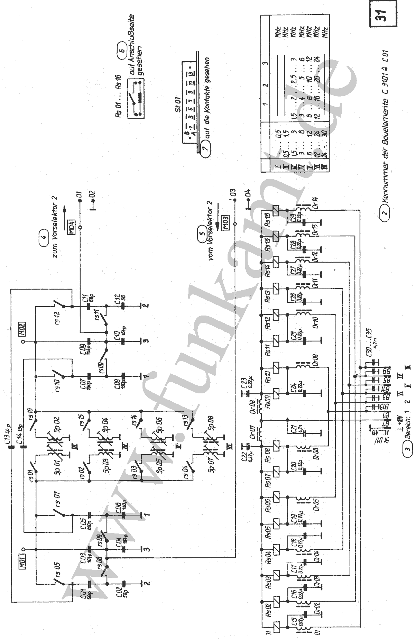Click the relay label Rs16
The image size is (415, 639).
[x=267, y=219]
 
